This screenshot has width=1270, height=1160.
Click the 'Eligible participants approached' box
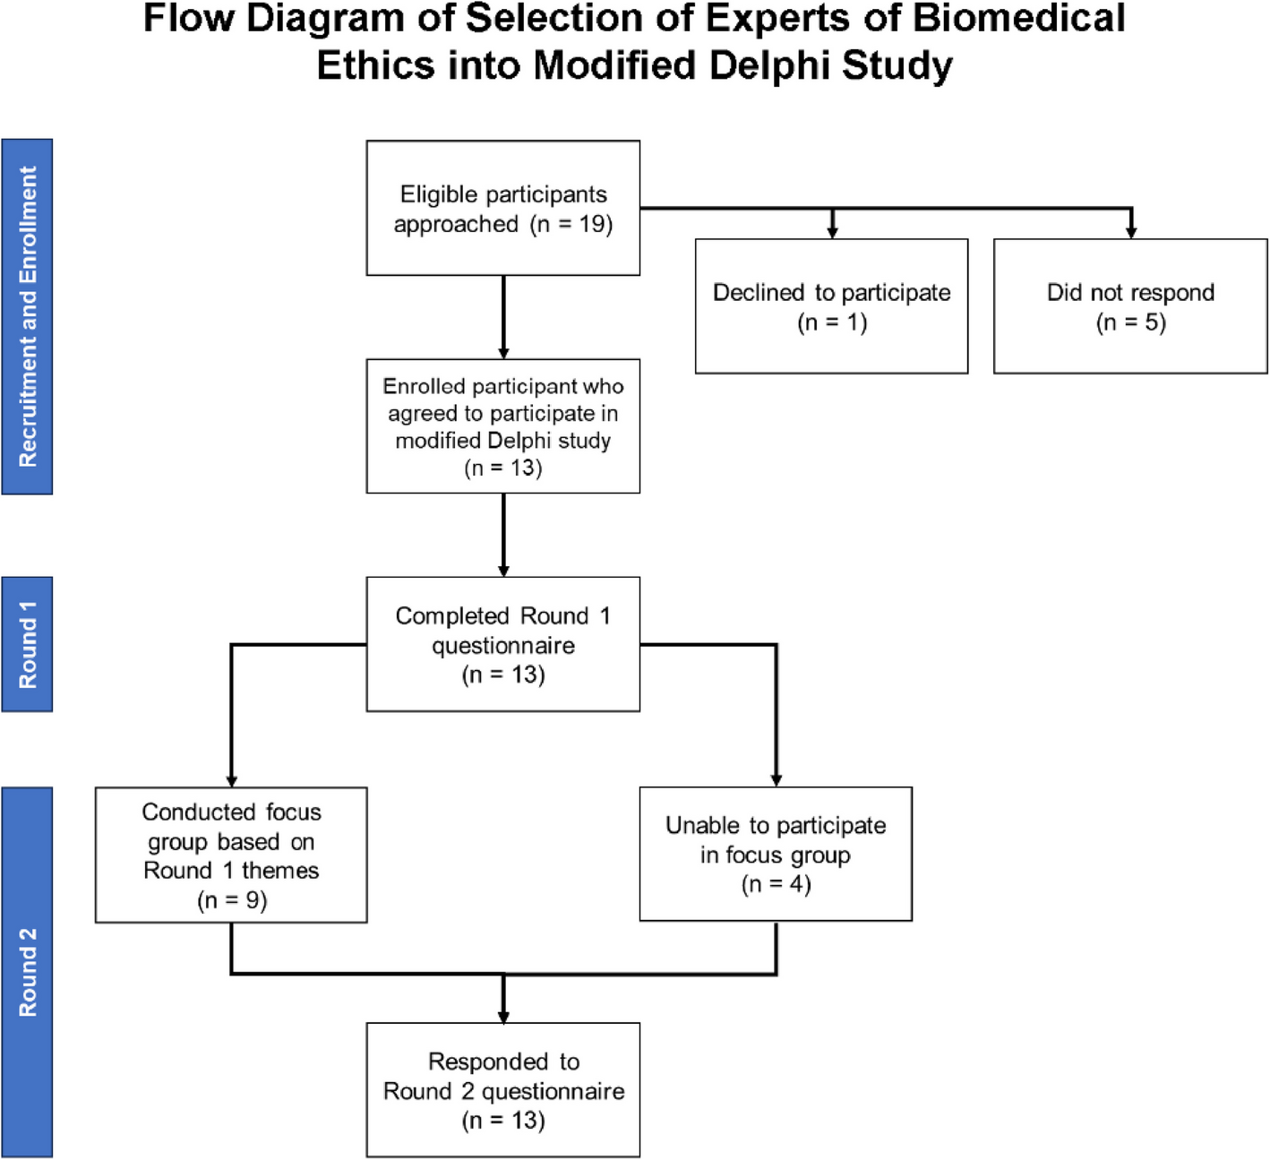tap(502, 208)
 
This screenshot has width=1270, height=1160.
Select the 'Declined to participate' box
tap(831, 305)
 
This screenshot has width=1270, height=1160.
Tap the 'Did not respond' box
tap(1130, 305)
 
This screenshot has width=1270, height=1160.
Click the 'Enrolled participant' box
tap(502, 426)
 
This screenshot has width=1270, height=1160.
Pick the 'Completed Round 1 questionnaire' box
tap(502, 644)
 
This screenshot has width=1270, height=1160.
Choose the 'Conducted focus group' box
tap(231, 855)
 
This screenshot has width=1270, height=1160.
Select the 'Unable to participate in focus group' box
tap(776, 854)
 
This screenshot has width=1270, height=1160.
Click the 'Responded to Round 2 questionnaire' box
tap(502, 1090)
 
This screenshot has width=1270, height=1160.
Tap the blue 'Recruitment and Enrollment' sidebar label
tap(27, 316)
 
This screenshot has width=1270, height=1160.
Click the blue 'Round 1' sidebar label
tap(27, 644)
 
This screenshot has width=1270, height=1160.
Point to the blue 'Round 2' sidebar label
tap(27, 972)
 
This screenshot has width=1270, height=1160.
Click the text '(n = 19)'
tap(571, 224)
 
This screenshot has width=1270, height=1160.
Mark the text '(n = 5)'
tap(1130, 323)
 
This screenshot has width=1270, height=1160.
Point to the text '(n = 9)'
tap(232, 899)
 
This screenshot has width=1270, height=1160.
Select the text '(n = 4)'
tap(777, 884)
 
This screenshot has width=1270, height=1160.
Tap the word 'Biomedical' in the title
tap(1019, 18)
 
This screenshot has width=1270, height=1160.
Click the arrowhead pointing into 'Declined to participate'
tap(833, 232)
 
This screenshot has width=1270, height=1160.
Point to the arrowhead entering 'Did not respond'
tap(1130, 232)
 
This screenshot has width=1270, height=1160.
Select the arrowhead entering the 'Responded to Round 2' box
tap(503, 1017)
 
